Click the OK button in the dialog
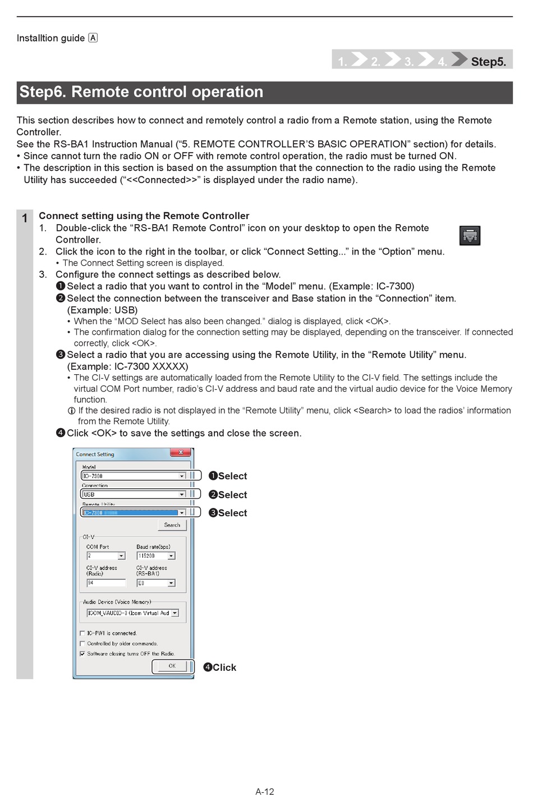[x=172, y=666]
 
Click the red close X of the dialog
[x=181, y=452]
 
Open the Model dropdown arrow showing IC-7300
[x=182, y=476]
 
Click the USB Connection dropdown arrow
[x=182, y=494]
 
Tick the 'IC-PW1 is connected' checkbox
[x=82, y=633]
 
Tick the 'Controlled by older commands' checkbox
[x=82, y=644]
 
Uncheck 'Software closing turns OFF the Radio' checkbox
[x=82, y=654]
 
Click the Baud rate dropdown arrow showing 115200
[x=171, y=556]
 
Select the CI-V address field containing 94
[x=105, y=583]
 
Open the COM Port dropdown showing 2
[x=121, y=556]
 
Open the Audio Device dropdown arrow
[x=175, y=613]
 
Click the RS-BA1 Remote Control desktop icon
[x=470, y=236]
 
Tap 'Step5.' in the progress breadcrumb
[x=488, y=62]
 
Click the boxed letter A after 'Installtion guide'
[x=93, y=38]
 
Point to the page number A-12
[x=265, y=792]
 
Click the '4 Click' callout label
[x=220, y=667]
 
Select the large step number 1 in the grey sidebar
[x=25, y=219]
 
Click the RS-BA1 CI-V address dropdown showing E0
[x=171, y=583]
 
